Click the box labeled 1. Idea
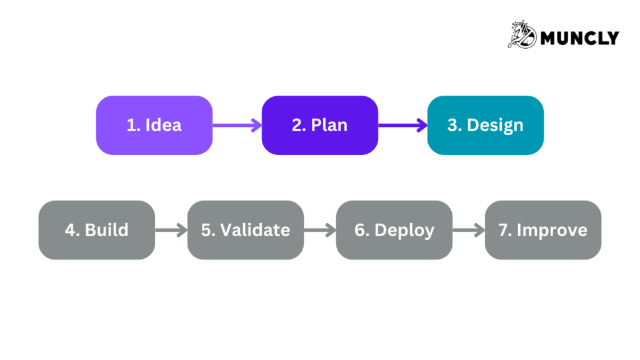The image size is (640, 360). point(154,125)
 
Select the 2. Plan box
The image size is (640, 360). point(319,125)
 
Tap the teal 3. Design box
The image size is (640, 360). point(485,125)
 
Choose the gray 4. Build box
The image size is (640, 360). point(96,229)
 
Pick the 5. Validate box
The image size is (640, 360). point(245,229)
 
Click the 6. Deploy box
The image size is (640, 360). point(394,229)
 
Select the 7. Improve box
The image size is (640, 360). point(542,229)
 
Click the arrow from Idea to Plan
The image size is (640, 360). point(237,125)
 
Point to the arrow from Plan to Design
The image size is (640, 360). point(402,125)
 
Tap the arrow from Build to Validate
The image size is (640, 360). point(171,229)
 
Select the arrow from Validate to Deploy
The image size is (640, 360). point(319,229)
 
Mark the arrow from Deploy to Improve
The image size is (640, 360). point(468,229)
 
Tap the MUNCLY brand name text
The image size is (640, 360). point(579,38)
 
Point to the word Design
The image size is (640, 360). point(495,125)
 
